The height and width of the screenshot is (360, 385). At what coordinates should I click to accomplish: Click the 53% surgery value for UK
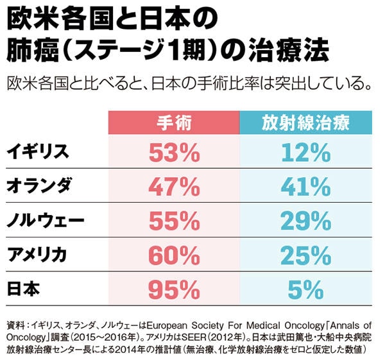click(x=173, y=153)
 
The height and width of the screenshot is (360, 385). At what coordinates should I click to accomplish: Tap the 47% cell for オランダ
click(x=173, y=187)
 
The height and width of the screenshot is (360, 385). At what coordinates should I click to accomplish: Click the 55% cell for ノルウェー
click(x=173, y=221)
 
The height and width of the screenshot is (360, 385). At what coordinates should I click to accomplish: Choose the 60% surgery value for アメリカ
click(x=173, y=255)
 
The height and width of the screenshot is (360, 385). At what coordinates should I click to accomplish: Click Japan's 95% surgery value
click(x=173, y=290)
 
